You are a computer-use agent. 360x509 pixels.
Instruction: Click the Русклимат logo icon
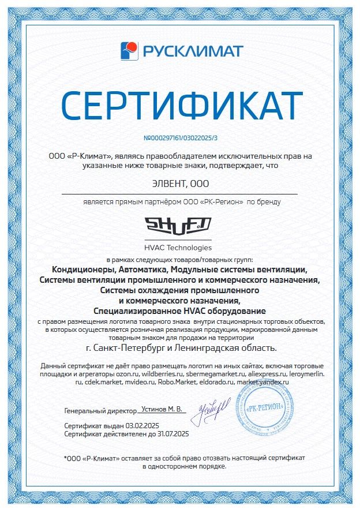click(129, 51)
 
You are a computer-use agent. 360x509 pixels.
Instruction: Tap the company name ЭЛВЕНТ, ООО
click(179, 184)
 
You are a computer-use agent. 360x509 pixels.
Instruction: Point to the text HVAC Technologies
click(179, 248)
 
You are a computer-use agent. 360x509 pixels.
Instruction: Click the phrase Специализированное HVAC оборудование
click(180, 310)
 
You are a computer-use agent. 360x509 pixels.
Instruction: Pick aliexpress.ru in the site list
click(259, 374)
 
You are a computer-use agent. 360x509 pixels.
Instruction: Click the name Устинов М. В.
click(162, 409)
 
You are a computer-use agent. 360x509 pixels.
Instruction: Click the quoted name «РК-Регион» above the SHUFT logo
click(222, 202)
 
